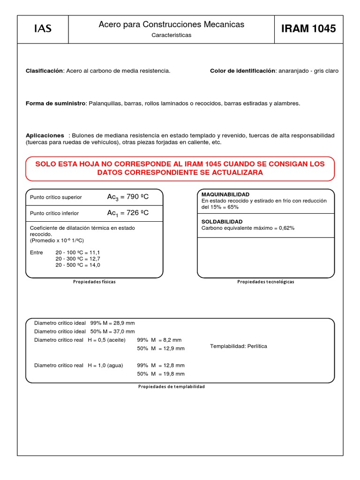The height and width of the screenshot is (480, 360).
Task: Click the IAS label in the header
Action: (x=43, y=29)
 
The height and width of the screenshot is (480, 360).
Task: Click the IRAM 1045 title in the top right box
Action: (x=308, y=29)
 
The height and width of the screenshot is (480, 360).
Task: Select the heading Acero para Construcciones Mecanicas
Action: (x=171, y=24)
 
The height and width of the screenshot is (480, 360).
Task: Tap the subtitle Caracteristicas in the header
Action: (x=171, y=35)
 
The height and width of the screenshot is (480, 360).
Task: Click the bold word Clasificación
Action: (x=44, y=71)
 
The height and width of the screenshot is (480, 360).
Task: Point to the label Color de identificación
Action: (x=242, y=71)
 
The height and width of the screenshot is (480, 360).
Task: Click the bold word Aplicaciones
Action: (x=45, y=135)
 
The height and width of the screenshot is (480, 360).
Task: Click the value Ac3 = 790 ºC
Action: (x=128, y=197)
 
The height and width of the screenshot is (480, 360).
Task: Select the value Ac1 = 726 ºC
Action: (x=128, y=213)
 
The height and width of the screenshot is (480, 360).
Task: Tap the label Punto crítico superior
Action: (x=56, y=197)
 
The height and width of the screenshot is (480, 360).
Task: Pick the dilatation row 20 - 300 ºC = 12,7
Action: (x=78, y=259)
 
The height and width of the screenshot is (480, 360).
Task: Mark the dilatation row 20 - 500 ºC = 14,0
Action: (x=78, y=265)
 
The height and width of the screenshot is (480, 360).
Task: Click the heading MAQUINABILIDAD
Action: (x=225, y=194)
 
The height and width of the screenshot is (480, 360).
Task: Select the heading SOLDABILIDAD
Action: (x=222, y=221)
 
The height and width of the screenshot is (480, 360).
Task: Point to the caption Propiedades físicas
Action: (x=94, y=282)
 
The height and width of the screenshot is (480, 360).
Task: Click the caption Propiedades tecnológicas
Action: (x=266, y=282)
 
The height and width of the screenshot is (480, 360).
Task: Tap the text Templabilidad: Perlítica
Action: (x=239, y=346)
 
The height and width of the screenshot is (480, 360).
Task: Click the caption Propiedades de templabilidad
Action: (x=172, y=387)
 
